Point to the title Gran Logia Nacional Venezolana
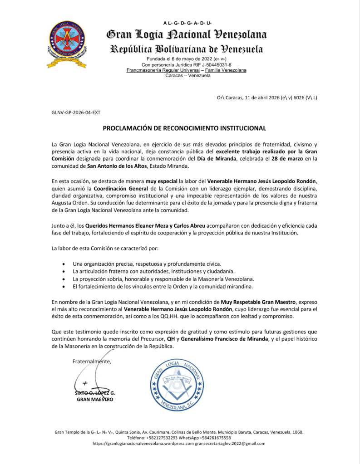[186, 34]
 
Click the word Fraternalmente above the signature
[92, 361]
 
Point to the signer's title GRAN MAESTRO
[95, 400]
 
